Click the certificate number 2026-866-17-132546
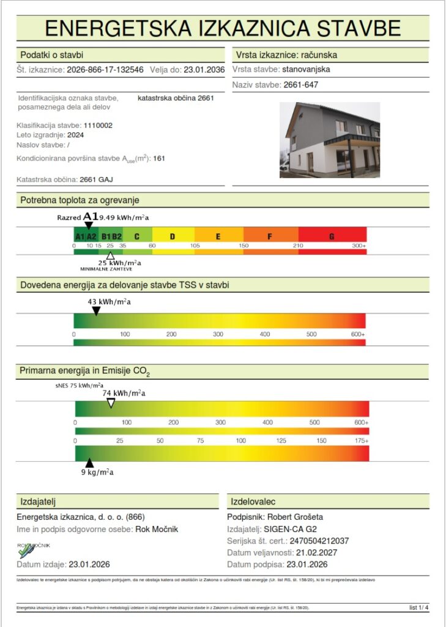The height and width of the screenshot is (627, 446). [105, 70]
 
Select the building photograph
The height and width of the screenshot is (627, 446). [330, 140]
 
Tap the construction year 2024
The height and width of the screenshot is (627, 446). [76, 135]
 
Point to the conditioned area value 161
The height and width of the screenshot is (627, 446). [160, 159]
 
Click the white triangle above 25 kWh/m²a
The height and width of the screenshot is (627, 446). [110, 255]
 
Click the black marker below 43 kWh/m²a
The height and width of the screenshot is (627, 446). [96, 311]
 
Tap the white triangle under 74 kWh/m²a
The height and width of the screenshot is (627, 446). [111, 403]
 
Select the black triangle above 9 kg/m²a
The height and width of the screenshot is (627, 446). [89, 463]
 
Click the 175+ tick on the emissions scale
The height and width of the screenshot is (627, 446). [362, 441]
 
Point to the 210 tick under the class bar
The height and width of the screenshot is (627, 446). [298, 246]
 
